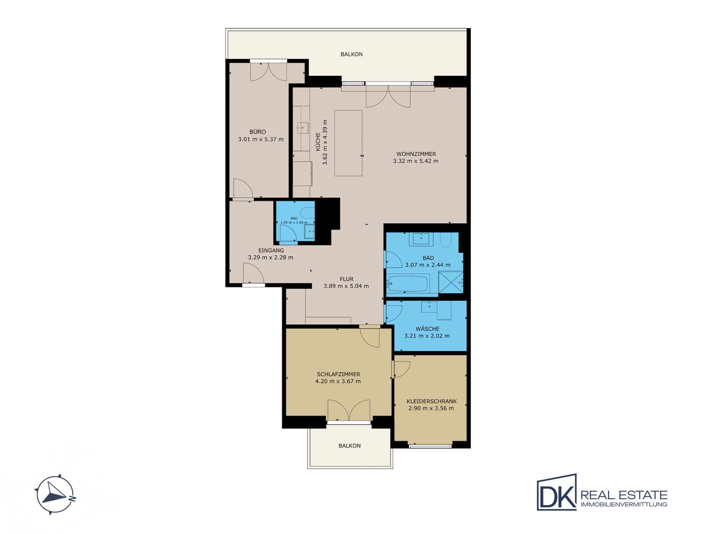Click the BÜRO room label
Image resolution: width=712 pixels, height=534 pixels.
[258, 132]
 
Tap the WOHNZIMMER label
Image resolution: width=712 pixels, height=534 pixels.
[416, 154]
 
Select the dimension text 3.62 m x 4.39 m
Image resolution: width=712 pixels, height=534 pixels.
[325, 142]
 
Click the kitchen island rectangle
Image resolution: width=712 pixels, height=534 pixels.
[348, 143]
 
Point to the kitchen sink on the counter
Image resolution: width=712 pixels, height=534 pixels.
[302, 128]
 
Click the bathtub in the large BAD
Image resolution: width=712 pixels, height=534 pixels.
[408, 283]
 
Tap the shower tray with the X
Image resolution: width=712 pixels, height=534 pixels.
[451, 282]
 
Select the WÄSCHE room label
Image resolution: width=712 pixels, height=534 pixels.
[428, 329]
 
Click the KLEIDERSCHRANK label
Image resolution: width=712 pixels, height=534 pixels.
[432, 401]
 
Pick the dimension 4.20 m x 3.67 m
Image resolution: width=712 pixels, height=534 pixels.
[338, 381]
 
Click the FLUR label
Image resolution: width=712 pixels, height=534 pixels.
[347, 279]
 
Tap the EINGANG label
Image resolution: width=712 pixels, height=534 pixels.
[271, 250]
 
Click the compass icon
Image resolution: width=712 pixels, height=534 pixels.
[55, 494]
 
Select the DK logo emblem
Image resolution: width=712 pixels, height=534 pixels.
[557, 492]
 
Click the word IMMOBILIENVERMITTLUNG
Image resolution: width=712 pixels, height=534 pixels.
[624, 505]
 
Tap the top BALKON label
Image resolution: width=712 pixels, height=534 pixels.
[352, 54]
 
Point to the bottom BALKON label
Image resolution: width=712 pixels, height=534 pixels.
[350, 446]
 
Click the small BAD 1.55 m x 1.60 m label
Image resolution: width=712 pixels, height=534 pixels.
[294, 220]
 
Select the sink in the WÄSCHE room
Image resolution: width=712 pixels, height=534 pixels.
[429, 307]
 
